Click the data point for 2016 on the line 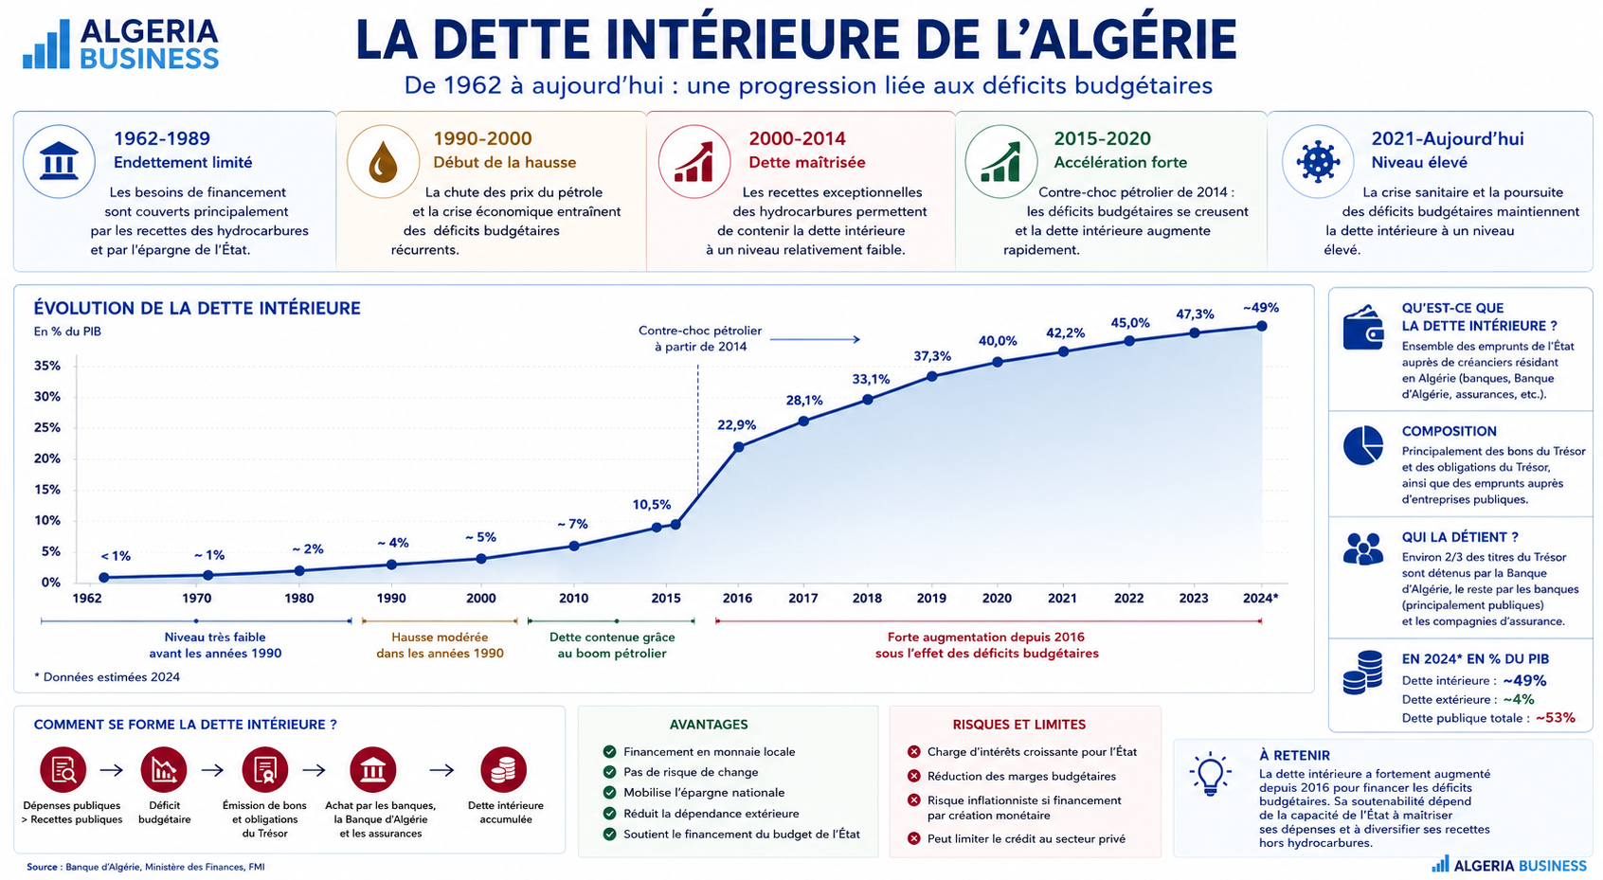(739, 446)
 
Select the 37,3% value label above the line (931, 356)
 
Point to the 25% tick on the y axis (47, 428)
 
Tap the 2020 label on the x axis (997, 598)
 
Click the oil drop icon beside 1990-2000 (383, 162)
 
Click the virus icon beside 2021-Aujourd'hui (1318, 161)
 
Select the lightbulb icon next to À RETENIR (1210, 774)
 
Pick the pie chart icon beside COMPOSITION (1363, 445)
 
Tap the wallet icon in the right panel (1363, 328)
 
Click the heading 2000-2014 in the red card (797, 138)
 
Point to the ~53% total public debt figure (1555, 718)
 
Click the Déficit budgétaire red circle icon (164, 770)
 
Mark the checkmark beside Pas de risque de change (610, 772)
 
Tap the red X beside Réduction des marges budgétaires (914, 776)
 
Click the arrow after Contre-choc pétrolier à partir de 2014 (815, 339)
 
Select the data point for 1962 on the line (104, 578)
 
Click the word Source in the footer (43, 867)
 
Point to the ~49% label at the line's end (1261, 308)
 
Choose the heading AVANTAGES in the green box (709, 725)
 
